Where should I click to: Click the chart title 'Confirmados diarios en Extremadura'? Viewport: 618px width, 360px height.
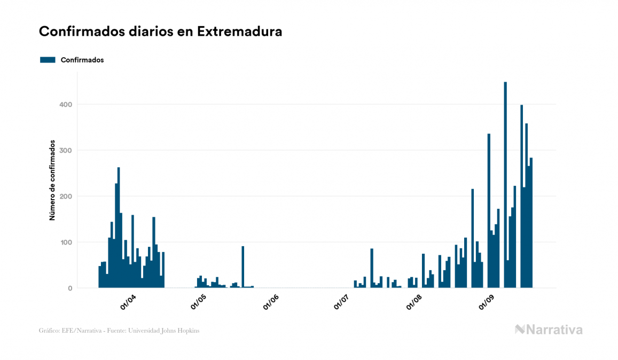coord(160,32)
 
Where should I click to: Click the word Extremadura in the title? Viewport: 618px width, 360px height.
coord(239,32)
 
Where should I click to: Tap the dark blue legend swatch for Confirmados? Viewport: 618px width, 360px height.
coord(48,60)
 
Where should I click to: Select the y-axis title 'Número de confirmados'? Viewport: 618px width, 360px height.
coord(52,180)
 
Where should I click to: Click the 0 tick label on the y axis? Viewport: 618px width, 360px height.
coord(69,288)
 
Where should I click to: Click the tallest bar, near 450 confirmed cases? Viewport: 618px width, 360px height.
coord(505,187)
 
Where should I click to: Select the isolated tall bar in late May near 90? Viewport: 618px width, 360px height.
coord(243,267)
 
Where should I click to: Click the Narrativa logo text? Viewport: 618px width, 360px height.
coord(553,330)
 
